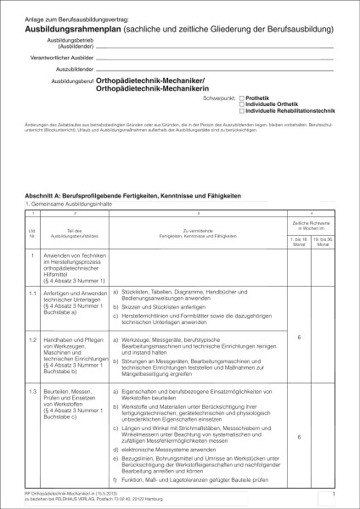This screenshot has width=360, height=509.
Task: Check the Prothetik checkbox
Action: (242, 98)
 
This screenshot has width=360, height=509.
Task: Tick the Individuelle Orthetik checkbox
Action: (242, 103)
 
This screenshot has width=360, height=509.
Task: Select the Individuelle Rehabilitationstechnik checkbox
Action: (242, 110)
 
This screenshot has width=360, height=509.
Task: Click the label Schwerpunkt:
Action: (222, 98)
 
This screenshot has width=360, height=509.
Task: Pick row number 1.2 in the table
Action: (31, 338)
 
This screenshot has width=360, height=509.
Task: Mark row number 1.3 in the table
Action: (31, 385)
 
